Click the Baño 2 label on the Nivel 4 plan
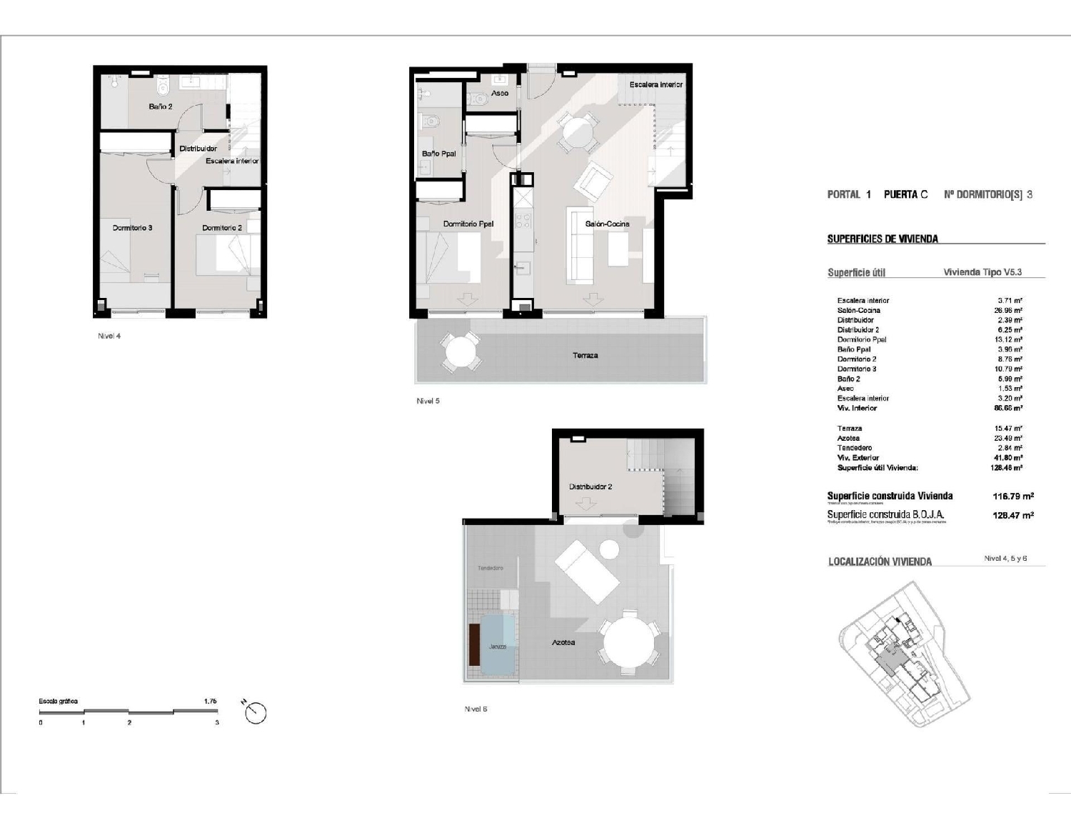point(160,106)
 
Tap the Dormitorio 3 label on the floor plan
point(132,228)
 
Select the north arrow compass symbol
point(255,712)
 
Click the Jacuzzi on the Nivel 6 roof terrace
point(498,646)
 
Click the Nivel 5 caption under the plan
point(428,401)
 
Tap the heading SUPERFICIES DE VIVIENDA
point(883,239)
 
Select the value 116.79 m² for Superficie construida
point(1012,496)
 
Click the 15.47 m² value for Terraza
point(1007,429)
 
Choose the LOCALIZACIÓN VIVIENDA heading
point(880,562)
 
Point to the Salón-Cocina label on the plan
point(607,224)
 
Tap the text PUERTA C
point(905,194)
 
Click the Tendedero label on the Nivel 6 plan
point(490,568)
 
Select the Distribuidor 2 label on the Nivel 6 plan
point(590,487)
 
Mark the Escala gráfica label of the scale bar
point(58,702)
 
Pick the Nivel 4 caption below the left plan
point(109,336)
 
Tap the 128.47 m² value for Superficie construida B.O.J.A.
point(1012,515)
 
